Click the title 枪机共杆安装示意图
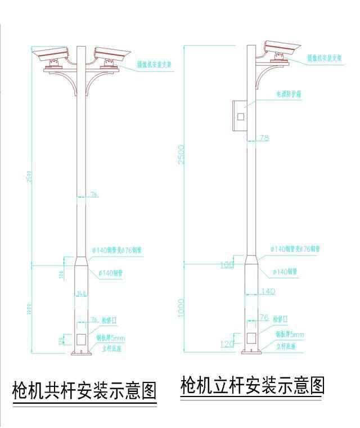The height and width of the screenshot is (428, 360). pyautogui.click(x=84, y=389)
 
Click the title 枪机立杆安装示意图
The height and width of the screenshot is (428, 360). pyautogui.click(x=253, y=386)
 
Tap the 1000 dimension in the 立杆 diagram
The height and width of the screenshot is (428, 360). pyautogui.click(x=181, y=307)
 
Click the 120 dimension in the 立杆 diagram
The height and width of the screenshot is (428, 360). pyautogui.click(x=227, y=344)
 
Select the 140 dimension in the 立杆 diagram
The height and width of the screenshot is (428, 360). pyautogui.click(x=268, y=291)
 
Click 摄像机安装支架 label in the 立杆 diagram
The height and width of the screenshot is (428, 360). pyautogui.click(x=325, y=58)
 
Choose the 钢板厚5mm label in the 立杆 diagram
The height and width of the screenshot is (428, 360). pyautogui.click(x=290, y=334)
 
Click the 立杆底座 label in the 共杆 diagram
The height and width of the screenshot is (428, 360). pyautogui.click(x=112, y=348)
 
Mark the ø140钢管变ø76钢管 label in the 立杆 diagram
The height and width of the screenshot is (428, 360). pyautogui.click(x=295, y=248)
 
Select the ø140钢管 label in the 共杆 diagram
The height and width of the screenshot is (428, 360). pyautogui.click(x=111, y=273)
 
